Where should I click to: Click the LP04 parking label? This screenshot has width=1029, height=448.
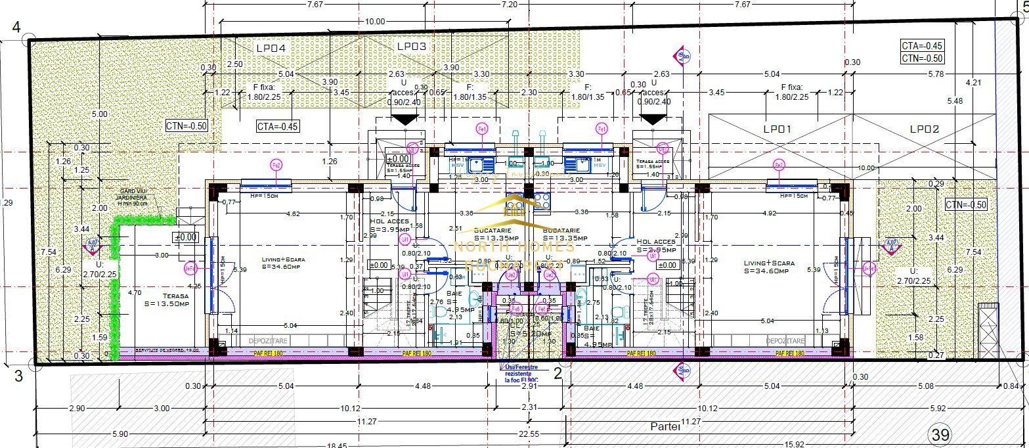(x=271, y=48)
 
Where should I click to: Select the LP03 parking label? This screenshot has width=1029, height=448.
(x=412, y=47)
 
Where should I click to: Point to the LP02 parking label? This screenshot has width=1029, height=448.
(x=925, y=129)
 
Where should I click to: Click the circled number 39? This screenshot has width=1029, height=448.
(x=940, y=434)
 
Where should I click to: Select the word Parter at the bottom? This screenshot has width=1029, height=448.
(x=666, y=426)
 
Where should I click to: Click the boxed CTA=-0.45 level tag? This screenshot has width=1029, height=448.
(x=922, y=46)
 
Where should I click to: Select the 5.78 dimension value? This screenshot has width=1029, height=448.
(x=935, y=74)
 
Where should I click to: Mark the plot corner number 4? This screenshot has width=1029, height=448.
(x=16, y=28)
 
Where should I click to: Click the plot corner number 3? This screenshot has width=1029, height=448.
(x=18, y=376)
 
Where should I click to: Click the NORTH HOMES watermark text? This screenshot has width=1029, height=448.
(x=515, y=247)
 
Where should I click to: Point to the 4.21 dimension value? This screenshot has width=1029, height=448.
(x=973, y=83)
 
